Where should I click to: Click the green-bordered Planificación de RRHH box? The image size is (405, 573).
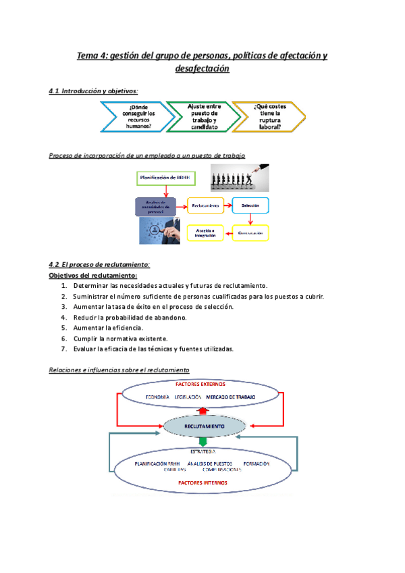coord(166,177)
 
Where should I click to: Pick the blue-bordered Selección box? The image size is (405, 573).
coord(250,204)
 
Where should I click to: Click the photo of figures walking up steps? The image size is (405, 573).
coord(240,178)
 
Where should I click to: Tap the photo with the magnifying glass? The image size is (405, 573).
coord(161,230)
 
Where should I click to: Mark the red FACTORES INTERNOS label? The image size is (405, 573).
coord(202,483)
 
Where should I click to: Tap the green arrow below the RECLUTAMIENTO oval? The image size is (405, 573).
coord(204,441)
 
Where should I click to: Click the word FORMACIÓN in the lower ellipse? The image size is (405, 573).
coord(256,464)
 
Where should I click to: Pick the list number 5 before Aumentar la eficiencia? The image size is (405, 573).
coord(63,328)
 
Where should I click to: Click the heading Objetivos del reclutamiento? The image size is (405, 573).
coord(93,276)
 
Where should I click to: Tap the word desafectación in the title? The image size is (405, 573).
coord(202,69)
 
